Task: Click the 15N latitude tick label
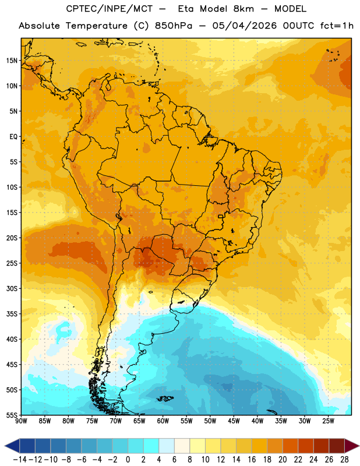tap(12, 61)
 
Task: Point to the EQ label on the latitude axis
tap(13, 137)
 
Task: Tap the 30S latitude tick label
tap(12, 288)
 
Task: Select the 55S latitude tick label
tap(12, 415)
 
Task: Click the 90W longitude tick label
tap(22, 421)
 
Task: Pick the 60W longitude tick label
tap(163, 421)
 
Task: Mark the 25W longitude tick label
tap(328, 421)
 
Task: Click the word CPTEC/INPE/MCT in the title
tap(110, 9)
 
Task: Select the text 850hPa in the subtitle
tap(174, 26)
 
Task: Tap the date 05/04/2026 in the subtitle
tap(244, 26)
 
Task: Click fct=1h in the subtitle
tap(337, 26)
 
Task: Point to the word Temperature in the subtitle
tap(96, 26)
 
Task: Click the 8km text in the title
tap(243, 9)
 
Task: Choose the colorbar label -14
tap(20, 460)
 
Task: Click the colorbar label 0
tap(128, 460)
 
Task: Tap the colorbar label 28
tap(344, 460)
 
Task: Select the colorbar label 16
tap(252, 460)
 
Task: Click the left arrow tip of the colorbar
tap(5, 446)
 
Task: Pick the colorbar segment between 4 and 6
tap(167, 446)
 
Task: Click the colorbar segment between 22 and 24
tap(306, 446)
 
